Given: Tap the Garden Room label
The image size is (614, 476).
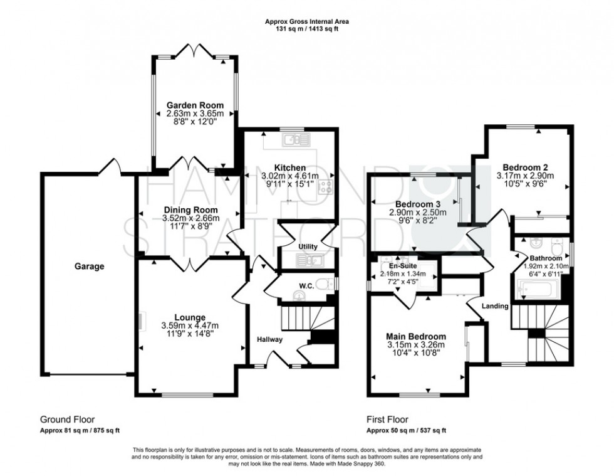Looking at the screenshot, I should [x=195, y=105].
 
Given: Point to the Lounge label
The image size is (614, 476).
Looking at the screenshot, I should [x=189, y=317].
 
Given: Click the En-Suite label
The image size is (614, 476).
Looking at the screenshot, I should [x=403, y=265].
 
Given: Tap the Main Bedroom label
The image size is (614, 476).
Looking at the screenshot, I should [x=416, y=336].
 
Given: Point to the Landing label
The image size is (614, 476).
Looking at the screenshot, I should [x=495, y=305].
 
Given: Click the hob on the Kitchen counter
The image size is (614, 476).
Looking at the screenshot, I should [x=327, y=185].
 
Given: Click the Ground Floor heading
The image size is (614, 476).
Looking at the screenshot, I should [x=68, y=420].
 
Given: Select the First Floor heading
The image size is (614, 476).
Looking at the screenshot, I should [x=387, y=420].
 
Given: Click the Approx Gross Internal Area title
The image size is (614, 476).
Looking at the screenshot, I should [x=307, y=21].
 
